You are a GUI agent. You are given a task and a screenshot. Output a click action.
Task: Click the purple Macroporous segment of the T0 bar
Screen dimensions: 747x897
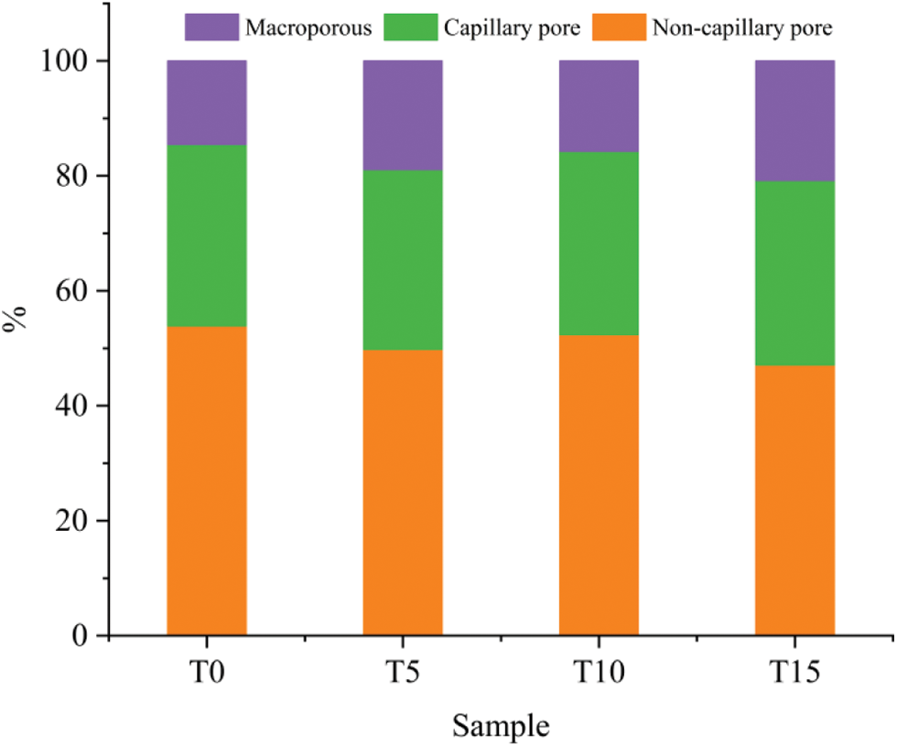[206, 103]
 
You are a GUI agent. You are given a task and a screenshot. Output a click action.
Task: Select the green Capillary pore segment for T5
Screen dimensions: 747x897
[403, 260]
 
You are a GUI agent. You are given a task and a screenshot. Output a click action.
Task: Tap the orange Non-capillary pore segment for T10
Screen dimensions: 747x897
[599, 485]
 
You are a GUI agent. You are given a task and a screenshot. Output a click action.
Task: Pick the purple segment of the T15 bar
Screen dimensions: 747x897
[794, 121]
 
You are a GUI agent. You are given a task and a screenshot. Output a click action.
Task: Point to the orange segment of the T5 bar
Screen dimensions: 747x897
[403, 493]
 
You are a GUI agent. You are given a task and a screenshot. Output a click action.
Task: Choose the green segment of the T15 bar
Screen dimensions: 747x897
[794, 273]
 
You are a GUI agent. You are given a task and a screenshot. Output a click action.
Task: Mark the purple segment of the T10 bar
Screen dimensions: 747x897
[599, 106]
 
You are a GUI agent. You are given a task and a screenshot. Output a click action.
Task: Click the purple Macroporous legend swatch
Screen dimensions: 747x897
[211, 27]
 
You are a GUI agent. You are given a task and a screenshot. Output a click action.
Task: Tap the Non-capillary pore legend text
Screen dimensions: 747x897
[741, 27]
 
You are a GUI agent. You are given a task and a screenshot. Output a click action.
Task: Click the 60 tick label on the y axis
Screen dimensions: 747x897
[72, 291]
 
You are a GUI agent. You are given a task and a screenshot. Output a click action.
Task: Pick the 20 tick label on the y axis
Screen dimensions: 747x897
[72, 521]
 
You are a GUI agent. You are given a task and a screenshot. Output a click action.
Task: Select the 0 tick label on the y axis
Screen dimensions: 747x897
[81, 636]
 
